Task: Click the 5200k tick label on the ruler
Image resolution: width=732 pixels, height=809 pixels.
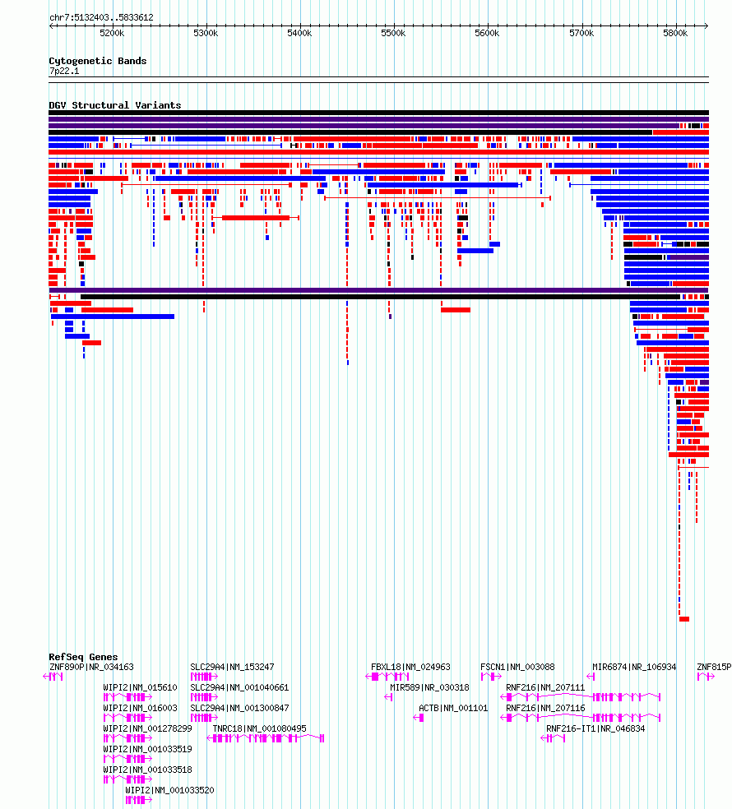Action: click(112, 33)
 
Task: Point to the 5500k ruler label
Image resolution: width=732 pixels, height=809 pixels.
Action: click(393, 33)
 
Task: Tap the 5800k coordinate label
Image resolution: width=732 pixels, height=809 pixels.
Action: click(675, 33)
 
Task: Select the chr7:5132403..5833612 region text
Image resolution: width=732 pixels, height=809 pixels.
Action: click(101, 17)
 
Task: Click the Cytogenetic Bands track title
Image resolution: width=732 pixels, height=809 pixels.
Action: click(98, 61)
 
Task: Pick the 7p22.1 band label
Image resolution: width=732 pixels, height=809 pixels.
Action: click(64, 72)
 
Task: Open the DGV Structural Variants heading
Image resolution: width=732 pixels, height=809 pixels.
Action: click(115, 105)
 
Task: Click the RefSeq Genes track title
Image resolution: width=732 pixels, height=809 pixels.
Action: click(83, 657)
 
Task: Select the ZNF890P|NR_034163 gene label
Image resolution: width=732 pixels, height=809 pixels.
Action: click(91, 667)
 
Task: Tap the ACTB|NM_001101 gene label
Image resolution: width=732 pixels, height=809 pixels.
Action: click(453, 708)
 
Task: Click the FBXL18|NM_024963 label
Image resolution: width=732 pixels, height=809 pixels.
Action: click(410, 667)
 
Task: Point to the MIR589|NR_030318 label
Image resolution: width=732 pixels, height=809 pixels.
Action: click(429, 687)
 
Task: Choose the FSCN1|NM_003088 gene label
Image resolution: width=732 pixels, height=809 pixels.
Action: click(517, 667)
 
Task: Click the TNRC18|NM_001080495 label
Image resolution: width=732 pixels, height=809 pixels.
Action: click(260, 728)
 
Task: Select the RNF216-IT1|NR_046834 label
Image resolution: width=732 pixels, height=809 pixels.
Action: click(595, 728)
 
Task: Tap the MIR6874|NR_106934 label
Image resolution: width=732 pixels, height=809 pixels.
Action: click(634, 667)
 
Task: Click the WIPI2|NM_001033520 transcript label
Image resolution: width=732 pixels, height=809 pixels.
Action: click(169, 790)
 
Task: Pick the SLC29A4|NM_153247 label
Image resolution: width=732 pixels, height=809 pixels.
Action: click(232, 667)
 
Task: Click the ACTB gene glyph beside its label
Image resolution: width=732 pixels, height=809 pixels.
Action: click(419, 718)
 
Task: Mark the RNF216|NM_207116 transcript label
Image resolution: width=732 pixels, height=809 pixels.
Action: click(545, 708)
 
